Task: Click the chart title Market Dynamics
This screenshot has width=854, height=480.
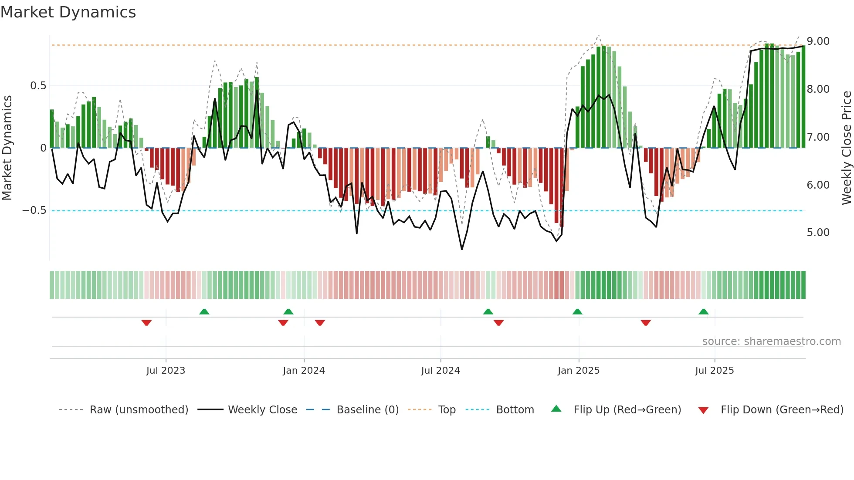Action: click(68, 12)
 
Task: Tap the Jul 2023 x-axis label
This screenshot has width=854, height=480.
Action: click(166, 371)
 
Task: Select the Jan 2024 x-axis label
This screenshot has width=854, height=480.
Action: click(304, 371)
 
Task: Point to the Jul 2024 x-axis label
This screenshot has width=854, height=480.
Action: click(441, 371)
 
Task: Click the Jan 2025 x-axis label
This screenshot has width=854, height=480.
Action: click(579, 371)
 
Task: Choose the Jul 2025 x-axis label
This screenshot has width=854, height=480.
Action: click(715, 371)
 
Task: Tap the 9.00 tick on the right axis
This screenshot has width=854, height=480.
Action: click(818, 41)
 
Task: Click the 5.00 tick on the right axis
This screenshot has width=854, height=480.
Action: click(818, 233)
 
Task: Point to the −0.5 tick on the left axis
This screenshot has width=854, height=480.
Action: click(34, 210)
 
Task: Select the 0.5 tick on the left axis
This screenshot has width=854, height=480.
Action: click(38, 86)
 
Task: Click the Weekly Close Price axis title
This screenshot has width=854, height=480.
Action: click(846, 148)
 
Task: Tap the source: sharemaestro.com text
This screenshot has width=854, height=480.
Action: click(771, 341)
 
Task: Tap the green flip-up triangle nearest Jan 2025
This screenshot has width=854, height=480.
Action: click(577, 312)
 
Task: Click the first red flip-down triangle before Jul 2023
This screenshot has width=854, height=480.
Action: click(146, 323)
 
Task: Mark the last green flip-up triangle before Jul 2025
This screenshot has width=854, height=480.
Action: click(703, 312)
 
